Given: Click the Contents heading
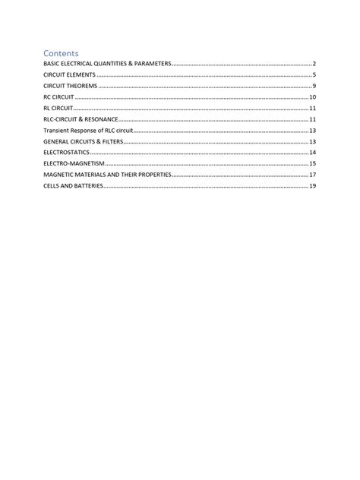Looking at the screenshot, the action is coord(61,53).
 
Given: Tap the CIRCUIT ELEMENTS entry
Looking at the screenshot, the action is coord(69,76).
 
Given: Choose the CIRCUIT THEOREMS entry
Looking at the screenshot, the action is coord(71,87).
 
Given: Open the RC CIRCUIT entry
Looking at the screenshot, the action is coord(58,98).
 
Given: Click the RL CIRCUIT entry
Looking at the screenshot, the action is coord(58,109).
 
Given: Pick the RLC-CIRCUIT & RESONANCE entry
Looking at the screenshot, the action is coord(81,120).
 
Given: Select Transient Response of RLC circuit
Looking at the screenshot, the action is coord(87,131).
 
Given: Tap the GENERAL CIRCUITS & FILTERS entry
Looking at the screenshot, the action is coord(84,142).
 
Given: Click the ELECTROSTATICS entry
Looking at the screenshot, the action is coord(66,153).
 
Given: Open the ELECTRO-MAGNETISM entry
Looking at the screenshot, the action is coord(73,163).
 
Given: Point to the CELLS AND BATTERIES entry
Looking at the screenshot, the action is coord(72,185).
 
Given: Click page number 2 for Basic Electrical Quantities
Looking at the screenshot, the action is coord(314,65).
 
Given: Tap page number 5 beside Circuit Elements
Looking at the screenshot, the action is coord(314,76).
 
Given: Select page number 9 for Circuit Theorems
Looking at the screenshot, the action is coord(314,87).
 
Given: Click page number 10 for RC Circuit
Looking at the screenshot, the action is coord(312,98).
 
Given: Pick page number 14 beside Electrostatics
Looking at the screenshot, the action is coord(312,153).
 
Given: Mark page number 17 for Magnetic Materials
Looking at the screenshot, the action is coord(312,175).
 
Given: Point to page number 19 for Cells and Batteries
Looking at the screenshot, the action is coord(312,185).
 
